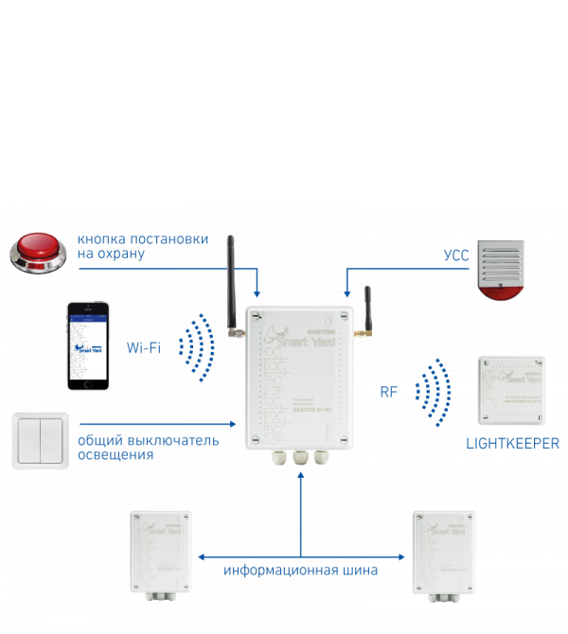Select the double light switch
40,440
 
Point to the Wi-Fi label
144,347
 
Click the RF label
389,391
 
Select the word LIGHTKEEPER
512,443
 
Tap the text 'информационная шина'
300,571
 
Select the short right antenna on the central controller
366,312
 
